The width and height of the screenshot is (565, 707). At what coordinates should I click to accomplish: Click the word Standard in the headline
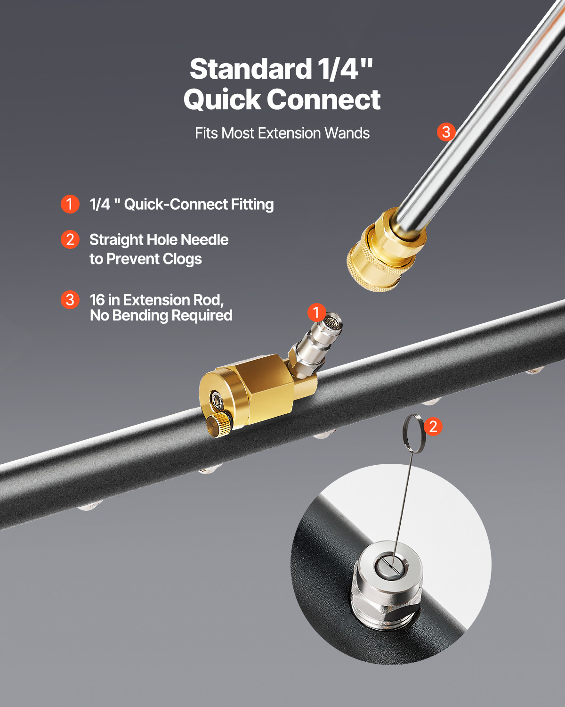[x=250, y=69]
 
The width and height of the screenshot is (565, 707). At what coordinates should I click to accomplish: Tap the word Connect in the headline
[x=324, y=99]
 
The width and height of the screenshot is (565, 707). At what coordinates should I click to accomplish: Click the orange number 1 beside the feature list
[x=70, y=204]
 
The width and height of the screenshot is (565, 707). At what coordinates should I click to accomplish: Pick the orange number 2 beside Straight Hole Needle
[x=70, y=239]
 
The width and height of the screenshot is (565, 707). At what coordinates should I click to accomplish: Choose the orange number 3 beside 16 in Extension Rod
[x=70, y=300]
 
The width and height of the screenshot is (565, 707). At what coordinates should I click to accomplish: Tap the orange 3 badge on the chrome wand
[x=446, y=132]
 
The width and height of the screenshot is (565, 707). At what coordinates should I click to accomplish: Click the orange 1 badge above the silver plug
[x=316, y=312]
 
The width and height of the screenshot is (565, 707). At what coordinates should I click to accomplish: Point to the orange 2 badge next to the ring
[x=433, y=427]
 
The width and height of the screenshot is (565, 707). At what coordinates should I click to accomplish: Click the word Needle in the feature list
[x=204, y=239]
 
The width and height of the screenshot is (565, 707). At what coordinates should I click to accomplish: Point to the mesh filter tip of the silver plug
[x=333, y=322]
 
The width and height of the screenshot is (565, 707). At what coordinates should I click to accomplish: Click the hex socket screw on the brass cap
[x=217, y=400]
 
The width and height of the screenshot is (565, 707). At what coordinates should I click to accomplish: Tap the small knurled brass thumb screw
[x=218, y=425]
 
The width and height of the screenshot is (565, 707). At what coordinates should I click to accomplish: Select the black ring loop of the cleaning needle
[x=414, y=434]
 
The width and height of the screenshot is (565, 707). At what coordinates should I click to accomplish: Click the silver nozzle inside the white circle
[x=387, y=583]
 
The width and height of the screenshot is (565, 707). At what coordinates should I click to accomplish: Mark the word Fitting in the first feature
[x=252, y=205]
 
